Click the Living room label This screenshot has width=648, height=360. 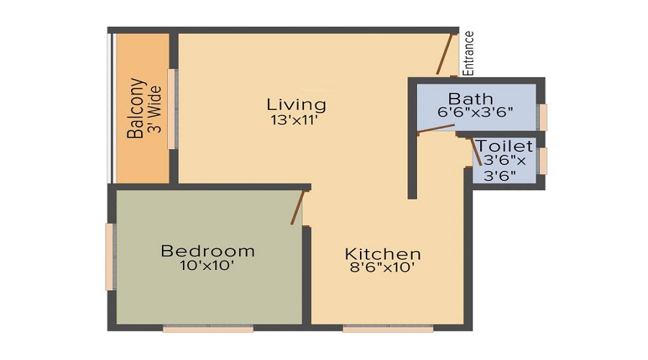(x=297, y=104)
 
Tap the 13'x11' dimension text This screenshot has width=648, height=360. (x=294, y=120)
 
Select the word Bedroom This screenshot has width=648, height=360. (x=207, y=251)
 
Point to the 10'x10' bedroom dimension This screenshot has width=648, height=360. (x=207, y=266)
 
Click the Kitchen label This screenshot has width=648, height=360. (x=383, y=253)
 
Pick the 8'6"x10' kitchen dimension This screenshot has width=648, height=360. (x=382, y=267)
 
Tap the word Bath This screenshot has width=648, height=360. (x=471, y=99)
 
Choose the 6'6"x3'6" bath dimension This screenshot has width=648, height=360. (x=475, y=112)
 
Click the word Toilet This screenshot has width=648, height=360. (x=505, y=146)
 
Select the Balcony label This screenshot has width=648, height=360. (x=137, y=108)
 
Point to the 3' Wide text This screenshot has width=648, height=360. (x=156, y=109)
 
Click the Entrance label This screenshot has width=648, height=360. (x=468, y=53)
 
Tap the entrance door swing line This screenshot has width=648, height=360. (x=445, y=54)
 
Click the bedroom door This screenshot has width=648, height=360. (x=298, y=207)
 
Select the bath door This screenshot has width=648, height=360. (x=436, y=129)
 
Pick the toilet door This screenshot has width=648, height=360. (x=476, y=152)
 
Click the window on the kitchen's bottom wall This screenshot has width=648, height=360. (x=388, y=328)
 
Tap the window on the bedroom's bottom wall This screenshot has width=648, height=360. (x=208, y=328)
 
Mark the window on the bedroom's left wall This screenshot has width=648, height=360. (x=109, y=257)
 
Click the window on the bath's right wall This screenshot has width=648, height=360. (x=544, y=117)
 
